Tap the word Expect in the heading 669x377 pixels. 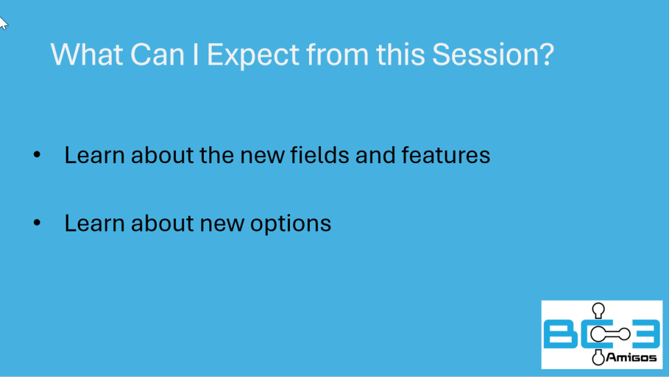coord(253,55)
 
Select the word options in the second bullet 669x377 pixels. coord(291,224)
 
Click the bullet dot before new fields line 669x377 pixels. coord(37,155)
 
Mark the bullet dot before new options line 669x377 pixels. coord(37,223)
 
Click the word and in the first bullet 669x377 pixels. coord(375,154)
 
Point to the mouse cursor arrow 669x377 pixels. coord(3,23)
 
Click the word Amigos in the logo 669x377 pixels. coord(631,357)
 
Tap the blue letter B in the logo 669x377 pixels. coord(560,335)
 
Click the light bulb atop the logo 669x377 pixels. coord(598,310)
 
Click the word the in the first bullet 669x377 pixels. coord(217,154)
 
